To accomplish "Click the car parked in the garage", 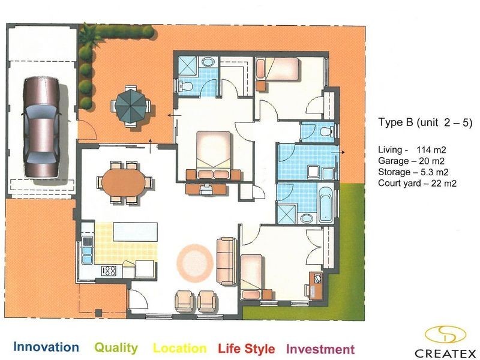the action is coord(41,127).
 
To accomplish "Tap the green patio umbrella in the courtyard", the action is coord(130,104).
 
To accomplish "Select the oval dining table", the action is coord(124,182).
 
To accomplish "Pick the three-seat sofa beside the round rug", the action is coord(227,261).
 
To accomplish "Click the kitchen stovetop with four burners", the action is coord(109,271).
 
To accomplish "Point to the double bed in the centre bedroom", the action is coord(214,155).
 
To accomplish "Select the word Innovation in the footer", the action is coord(46,347).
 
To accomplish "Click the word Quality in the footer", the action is coord(116,348).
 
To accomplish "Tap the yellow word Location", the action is coord(179,349).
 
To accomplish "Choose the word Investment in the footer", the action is coord(320,349).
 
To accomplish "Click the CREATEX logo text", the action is coord(445,353).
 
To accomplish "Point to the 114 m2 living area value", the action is coord(431,150).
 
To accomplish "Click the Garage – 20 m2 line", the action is coord(411,161).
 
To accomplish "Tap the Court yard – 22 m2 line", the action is coord(417,184).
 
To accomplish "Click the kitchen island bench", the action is coord(136,232).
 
